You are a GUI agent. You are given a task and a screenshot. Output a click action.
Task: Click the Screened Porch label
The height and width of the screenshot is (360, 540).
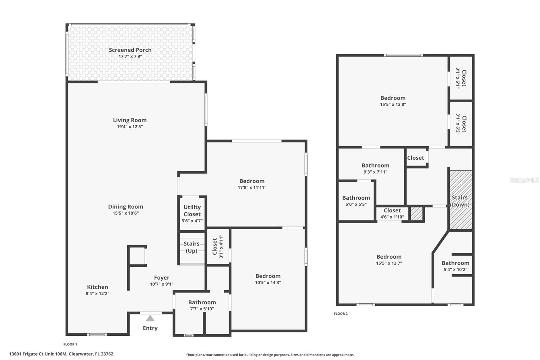pyautogui.click(x=130, y=50)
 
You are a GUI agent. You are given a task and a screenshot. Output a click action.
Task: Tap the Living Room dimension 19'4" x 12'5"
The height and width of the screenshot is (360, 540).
pyautogui.click(x=130, y=127)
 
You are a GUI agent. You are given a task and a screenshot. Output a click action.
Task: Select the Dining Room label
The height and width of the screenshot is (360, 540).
pyautogui.click(x=126, y=207)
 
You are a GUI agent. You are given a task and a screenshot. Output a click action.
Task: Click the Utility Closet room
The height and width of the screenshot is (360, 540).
pyautogui.click(x=192, y=213)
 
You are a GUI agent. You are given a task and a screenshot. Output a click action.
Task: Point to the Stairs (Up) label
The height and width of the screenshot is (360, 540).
pyautogui.click(x=191, y=247)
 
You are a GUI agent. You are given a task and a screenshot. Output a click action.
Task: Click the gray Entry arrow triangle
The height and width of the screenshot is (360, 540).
pyautogui.click(x=150, y=318)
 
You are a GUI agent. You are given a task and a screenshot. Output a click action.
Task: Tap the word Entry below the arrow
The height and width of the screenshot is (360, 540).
pyautogui.click(x=150, y=328)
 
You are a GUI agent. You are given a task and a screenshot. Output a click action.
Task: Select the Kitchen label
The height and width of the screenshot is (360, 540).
pyautogui.click(x=98, y=287)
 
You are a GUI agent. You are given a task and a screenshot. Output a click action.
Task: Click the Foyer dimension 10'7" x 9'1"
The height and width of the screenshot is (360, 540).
pyautogui.click(x=162, y=284)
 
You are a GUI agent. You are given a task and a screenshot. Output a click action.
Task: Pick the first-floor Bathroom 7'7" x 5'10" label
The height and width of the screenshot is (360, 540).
pyautogui.click(x=202, y=303)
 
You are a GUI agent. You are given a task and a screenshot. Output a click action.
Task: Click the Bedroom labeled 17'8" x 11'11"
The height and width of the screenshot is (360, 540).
pyautogui.click(x=252, y=184)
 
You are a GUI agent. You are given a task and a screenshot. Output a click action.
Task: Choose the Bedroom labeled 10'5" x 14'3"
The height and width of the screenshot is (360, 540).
pyautogui.click(x=268, y=279)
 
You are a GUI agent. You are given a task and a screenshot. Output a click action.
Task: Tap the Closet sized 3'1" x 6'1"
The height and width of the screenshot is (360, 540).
pyautogui.click(x=461, y=78)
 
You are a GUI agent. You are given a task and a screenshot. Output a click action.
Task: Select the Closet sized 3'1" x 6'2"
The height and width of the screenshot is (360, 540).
pyautogui.click(x=461, y=124)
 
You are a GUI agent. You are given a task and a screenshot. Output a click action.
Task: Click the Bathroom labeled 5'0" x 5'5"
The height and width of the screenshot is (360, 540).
pyautogui.click(x=356, y=201)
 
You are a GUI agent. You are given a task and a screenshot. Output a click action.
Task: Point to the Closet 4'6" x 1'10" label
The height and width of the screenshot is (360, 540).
pyautogui.click(x=392, y=211)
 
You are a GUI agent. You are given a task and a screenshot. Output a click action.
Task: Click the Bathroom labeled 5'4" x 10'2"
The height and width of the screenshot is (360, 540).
pyautogui.click(x=455, y=266)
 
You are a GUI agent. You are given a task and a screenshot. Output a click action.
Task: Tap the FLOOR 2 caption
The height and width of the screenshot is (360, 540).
pyautogui.click(x=341, y=314)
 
